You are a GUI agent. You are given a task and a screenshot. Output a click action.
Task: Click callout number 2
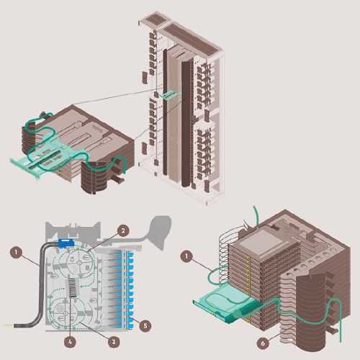tap(124, 230)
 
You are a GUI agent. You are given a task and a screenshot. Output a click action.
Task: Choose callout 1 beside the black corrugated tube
tap(15, 252)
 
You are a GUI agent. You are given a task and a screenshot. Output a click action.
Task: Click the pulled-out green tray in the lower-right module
tap(220, 302)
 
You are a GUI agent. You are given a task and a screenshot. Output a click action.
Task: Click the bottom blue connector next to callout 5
tap(134, 318)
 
